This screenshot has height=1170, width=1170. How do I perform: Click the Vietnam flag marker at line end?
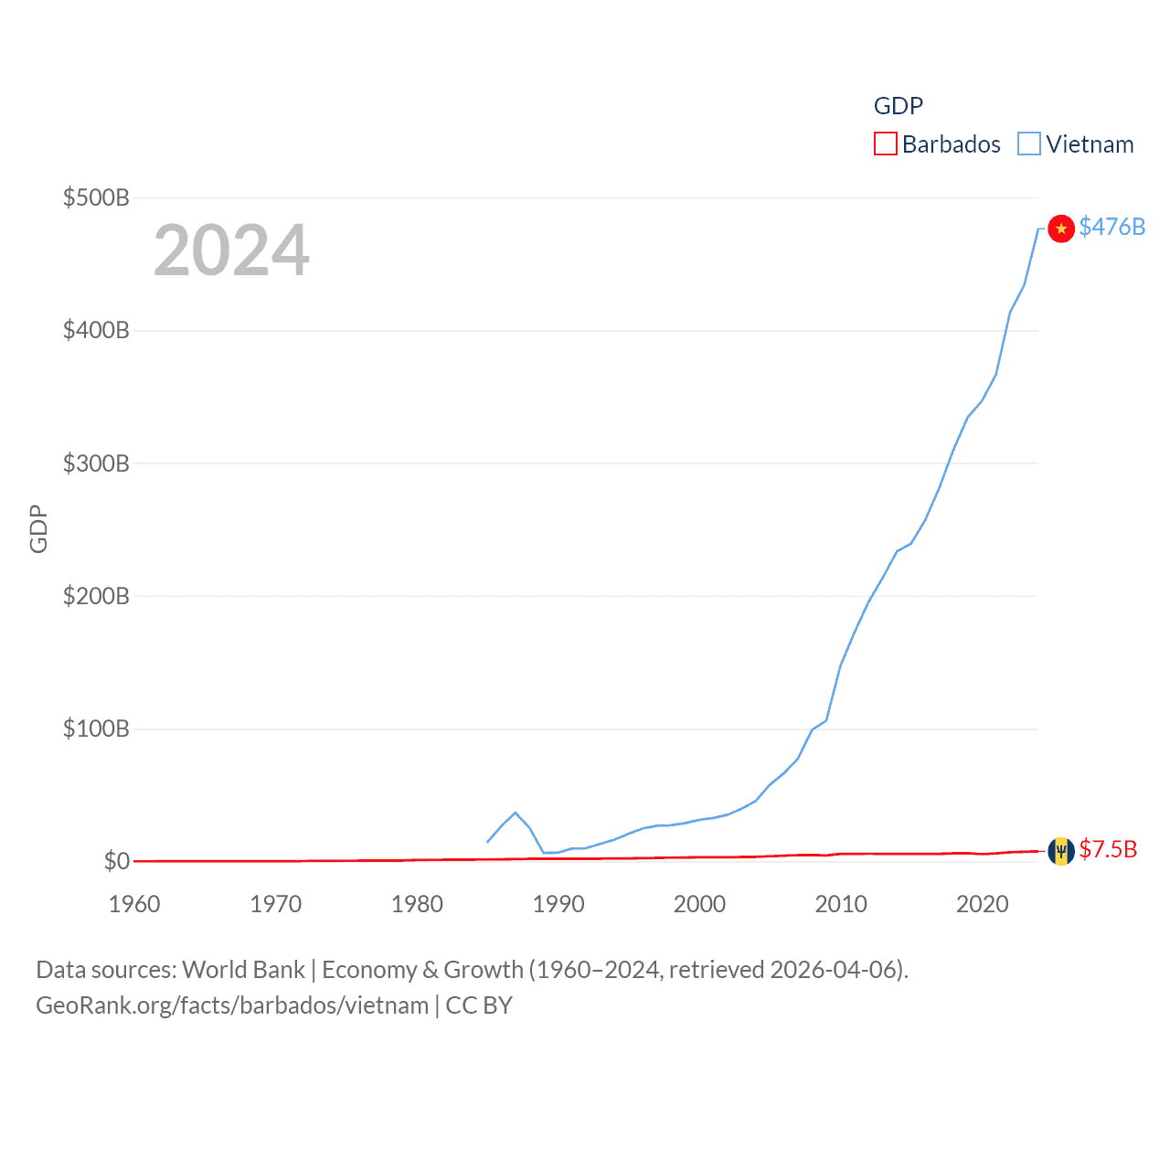(x=1060, y=228)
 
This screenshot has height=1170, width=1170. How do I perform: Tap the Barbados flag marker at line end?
(x=1060, y=851)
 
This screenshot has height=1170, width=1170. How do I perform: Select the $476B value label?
(x=1111, y=227)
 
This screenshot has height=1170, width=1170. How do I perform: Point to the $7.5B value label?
(x=1108, y=849)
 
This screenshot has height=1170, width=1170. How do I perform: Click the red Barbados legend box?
(x=885, y=144)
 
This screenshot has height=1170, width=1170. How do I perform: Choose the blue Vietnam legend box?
(x=1029, y=144)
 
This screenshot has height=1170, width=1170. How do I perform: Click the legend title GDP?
(x=898, y=106)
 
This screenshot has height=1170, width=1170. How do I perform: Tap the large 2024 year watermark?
(x=231, y=250)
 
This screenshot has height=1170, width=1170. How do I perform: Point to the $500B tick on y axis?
(x=96, y=197)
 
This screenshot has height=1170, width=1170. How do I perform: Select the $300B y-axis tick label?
(x=96, y=463)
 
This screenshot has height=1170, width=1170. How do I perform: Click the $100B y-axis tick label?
(x=96, y=729)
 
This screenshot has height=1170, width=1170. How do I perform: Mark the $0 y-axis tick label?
(x=116, y=861)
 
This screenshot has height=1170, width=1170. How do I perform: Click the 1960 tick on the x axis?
(x=134, y=904)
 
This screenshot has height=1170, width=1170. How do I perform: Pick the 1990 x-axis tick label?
(x=558, y=904)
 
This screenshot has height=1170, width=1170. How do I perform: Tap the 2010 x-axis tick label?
(x=841, y=904)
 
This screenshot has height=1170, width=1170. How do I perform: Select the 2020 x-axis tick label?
(x=983, y=904)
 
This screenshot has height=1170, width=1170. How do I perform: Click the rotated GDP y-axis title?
(x=38, y=528)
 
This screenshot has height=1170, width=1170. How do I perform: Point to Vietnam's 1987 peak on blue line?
(x=516, y=813)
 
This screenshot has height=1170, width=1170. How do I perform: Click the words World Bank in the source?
(x=243, y=969)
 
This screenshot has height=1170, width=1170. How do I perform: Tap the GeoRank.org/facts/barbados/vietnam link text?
(x=232, y=1005)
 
